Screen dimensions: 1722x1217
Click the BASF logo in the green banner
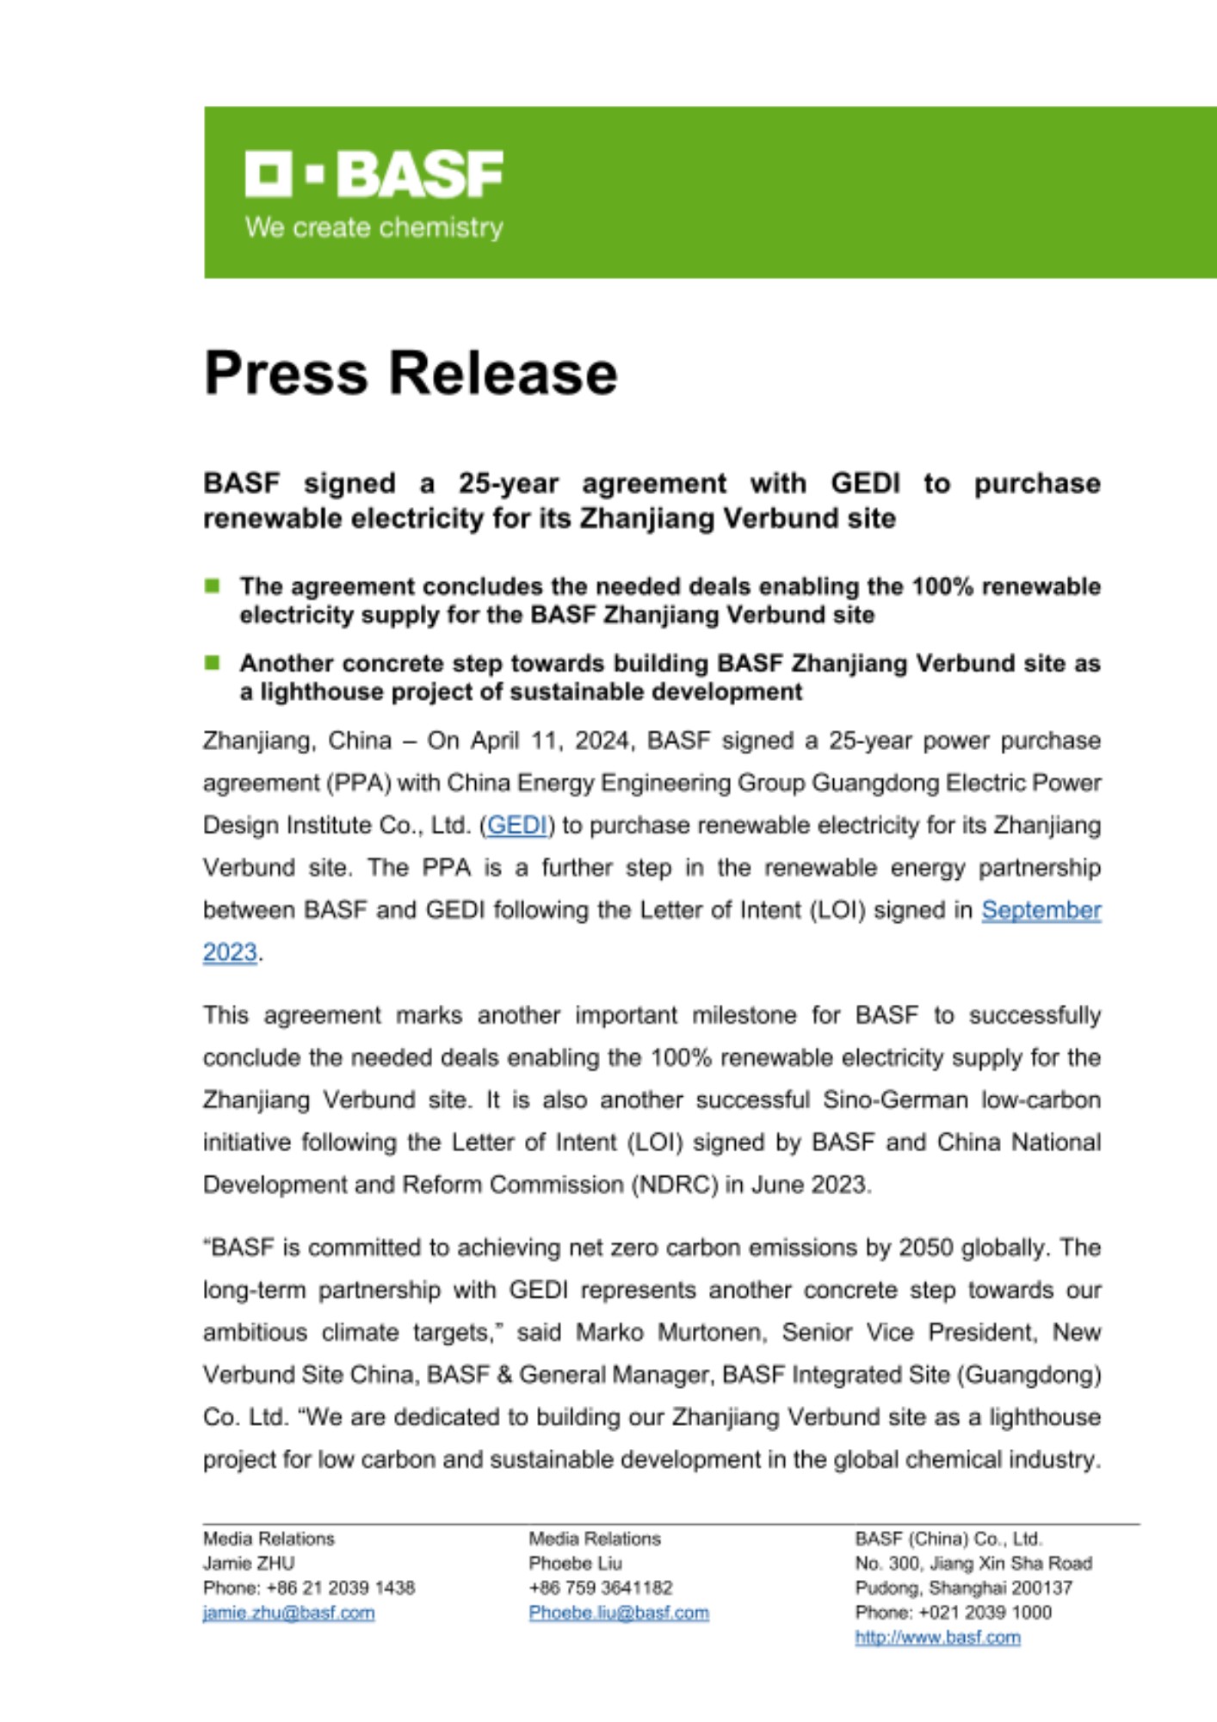[x=374, y=174]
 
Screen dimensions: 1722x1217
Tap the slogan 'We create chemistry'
[x=374, y=228]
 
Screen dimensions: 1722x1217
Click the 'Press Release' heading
[x=411, y=373]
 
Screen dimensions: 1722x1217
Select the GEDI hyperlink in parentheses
[x=516, y=825]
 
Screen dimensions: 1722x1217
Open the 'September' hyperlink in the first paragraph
[x=1041, y=910]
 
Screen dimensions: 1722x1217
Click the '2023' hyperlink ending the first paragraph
[x=230, y=952]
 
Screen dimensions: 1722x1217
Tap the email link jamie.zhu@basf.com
[x=288, y=1613]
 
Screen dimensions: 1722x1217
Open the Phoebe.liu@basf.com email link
[x=619, y=1613]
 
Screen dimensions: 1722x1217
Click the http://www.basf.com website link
[x=937, y=1638]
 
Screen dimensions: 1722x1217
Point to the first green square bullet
[x=213, y=586]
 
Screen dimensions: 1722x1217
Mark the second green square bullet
[x=213, y=663]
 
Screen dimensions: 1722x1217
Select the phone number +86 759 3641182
[x=601, y=1588]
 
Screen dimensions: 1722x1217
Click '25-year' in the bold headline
[x=508, y=484]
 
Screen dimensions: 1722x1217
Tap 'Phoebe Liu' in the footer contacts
[x=575, y=1563]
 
